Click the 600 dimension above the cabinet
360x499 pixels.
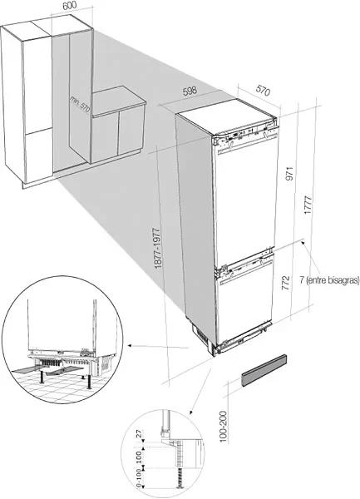(70, 6)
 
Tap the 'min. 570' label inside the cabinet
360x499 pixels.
(80, 103)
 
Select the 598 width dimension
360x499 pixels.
(190, 91)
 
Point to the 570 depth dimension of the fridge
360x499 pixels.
(263, 91)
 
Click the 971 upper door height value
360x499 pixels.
(289, 174)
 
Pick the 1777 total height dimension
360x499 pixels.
(308, 205)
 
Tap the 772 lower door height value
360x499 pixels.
(286, 283)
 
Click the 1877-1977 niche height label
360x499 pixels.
(158, 248)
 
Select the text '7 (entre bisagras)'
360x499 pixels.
(329, 280)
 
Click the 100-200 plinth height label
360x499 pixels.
(224, 427)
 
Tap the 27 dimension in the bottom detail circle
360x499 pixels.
(139, 434)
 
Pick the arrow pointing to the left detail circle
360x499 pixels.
(158, 347)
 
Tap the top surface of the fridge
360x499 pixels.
(226, 116)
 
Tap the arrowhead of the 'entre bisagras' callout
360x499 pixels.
(303, 243)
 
